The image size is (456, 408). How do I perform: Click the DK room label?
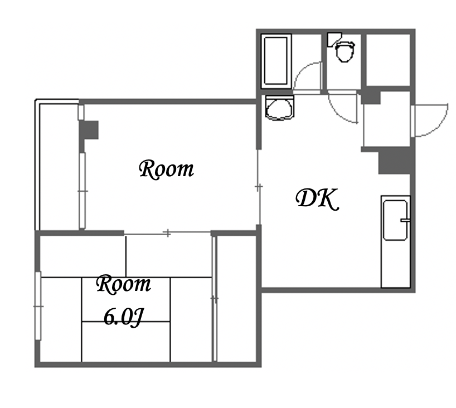[317, 199]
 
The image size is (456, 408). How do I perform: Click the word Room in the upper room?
[166, 169]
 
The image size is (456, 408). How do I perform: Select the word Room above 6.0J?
[124, 284]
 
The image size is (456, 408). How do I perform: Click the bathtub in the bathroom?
[276, 61]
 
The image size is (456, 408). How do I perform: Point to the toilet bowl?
[345, 52]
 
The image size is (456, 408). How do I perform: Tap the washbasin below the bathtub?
[279, 108]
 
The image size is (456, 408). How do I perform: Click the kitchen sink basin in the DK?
[395, 220]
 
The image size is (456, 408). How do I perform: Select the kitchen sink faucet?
[405, 220]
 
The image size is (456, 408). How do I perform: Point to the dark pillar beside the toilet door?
[371, 97]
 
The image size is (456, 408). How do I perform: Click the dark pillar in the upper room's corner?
[89, 130]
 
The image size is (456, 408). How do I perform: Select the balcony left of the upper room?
[58, 166]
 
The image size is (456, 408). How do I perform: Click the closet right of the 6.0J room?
[237, 299]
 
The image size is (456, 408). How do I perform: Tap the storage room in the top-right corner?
[388, 60]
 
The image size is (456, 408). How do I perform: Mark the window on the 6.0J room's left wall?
[38, 305]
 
